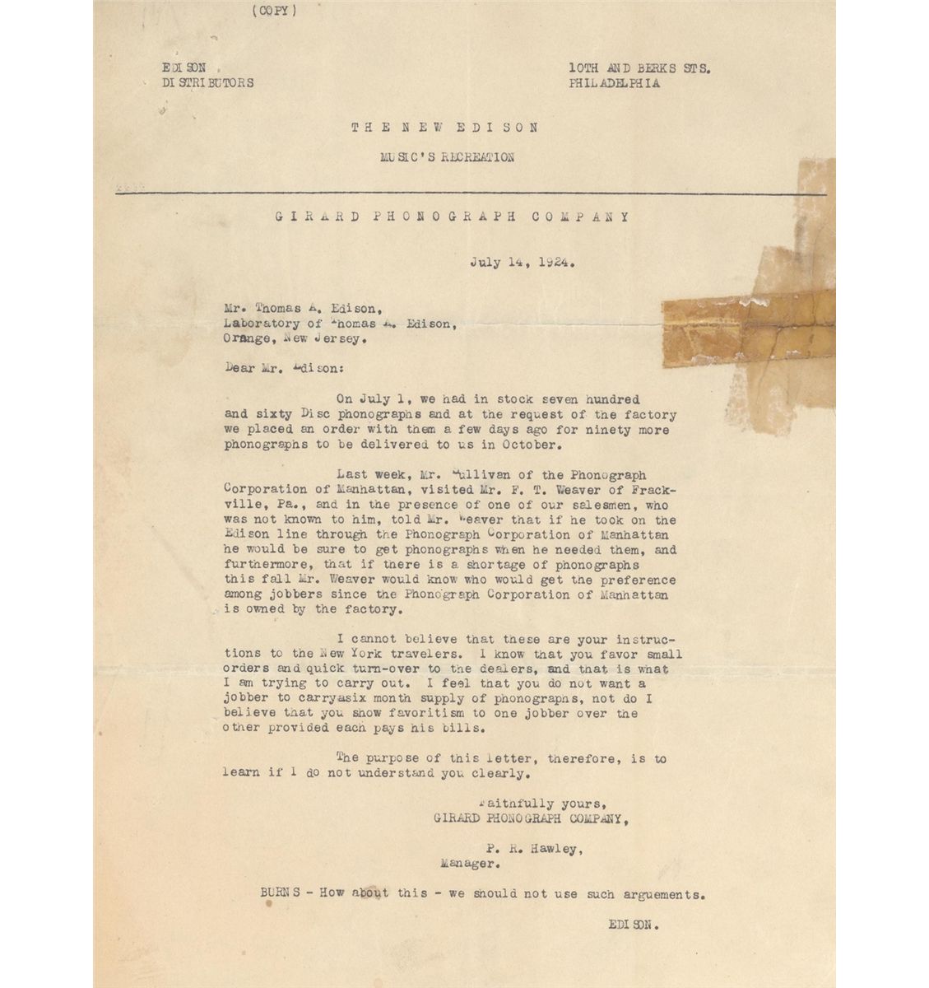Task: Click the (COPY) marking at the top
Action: point(275,11)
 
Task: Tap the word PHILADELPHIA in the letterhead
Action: point(613,83)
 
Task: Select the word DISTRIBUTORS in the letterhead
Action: point(207,83)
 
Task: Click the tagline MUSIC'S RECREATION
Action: point(447,157)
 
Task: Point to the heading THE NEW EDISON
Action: point(445,128)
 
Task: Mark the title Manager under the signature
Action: point(469,864)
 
